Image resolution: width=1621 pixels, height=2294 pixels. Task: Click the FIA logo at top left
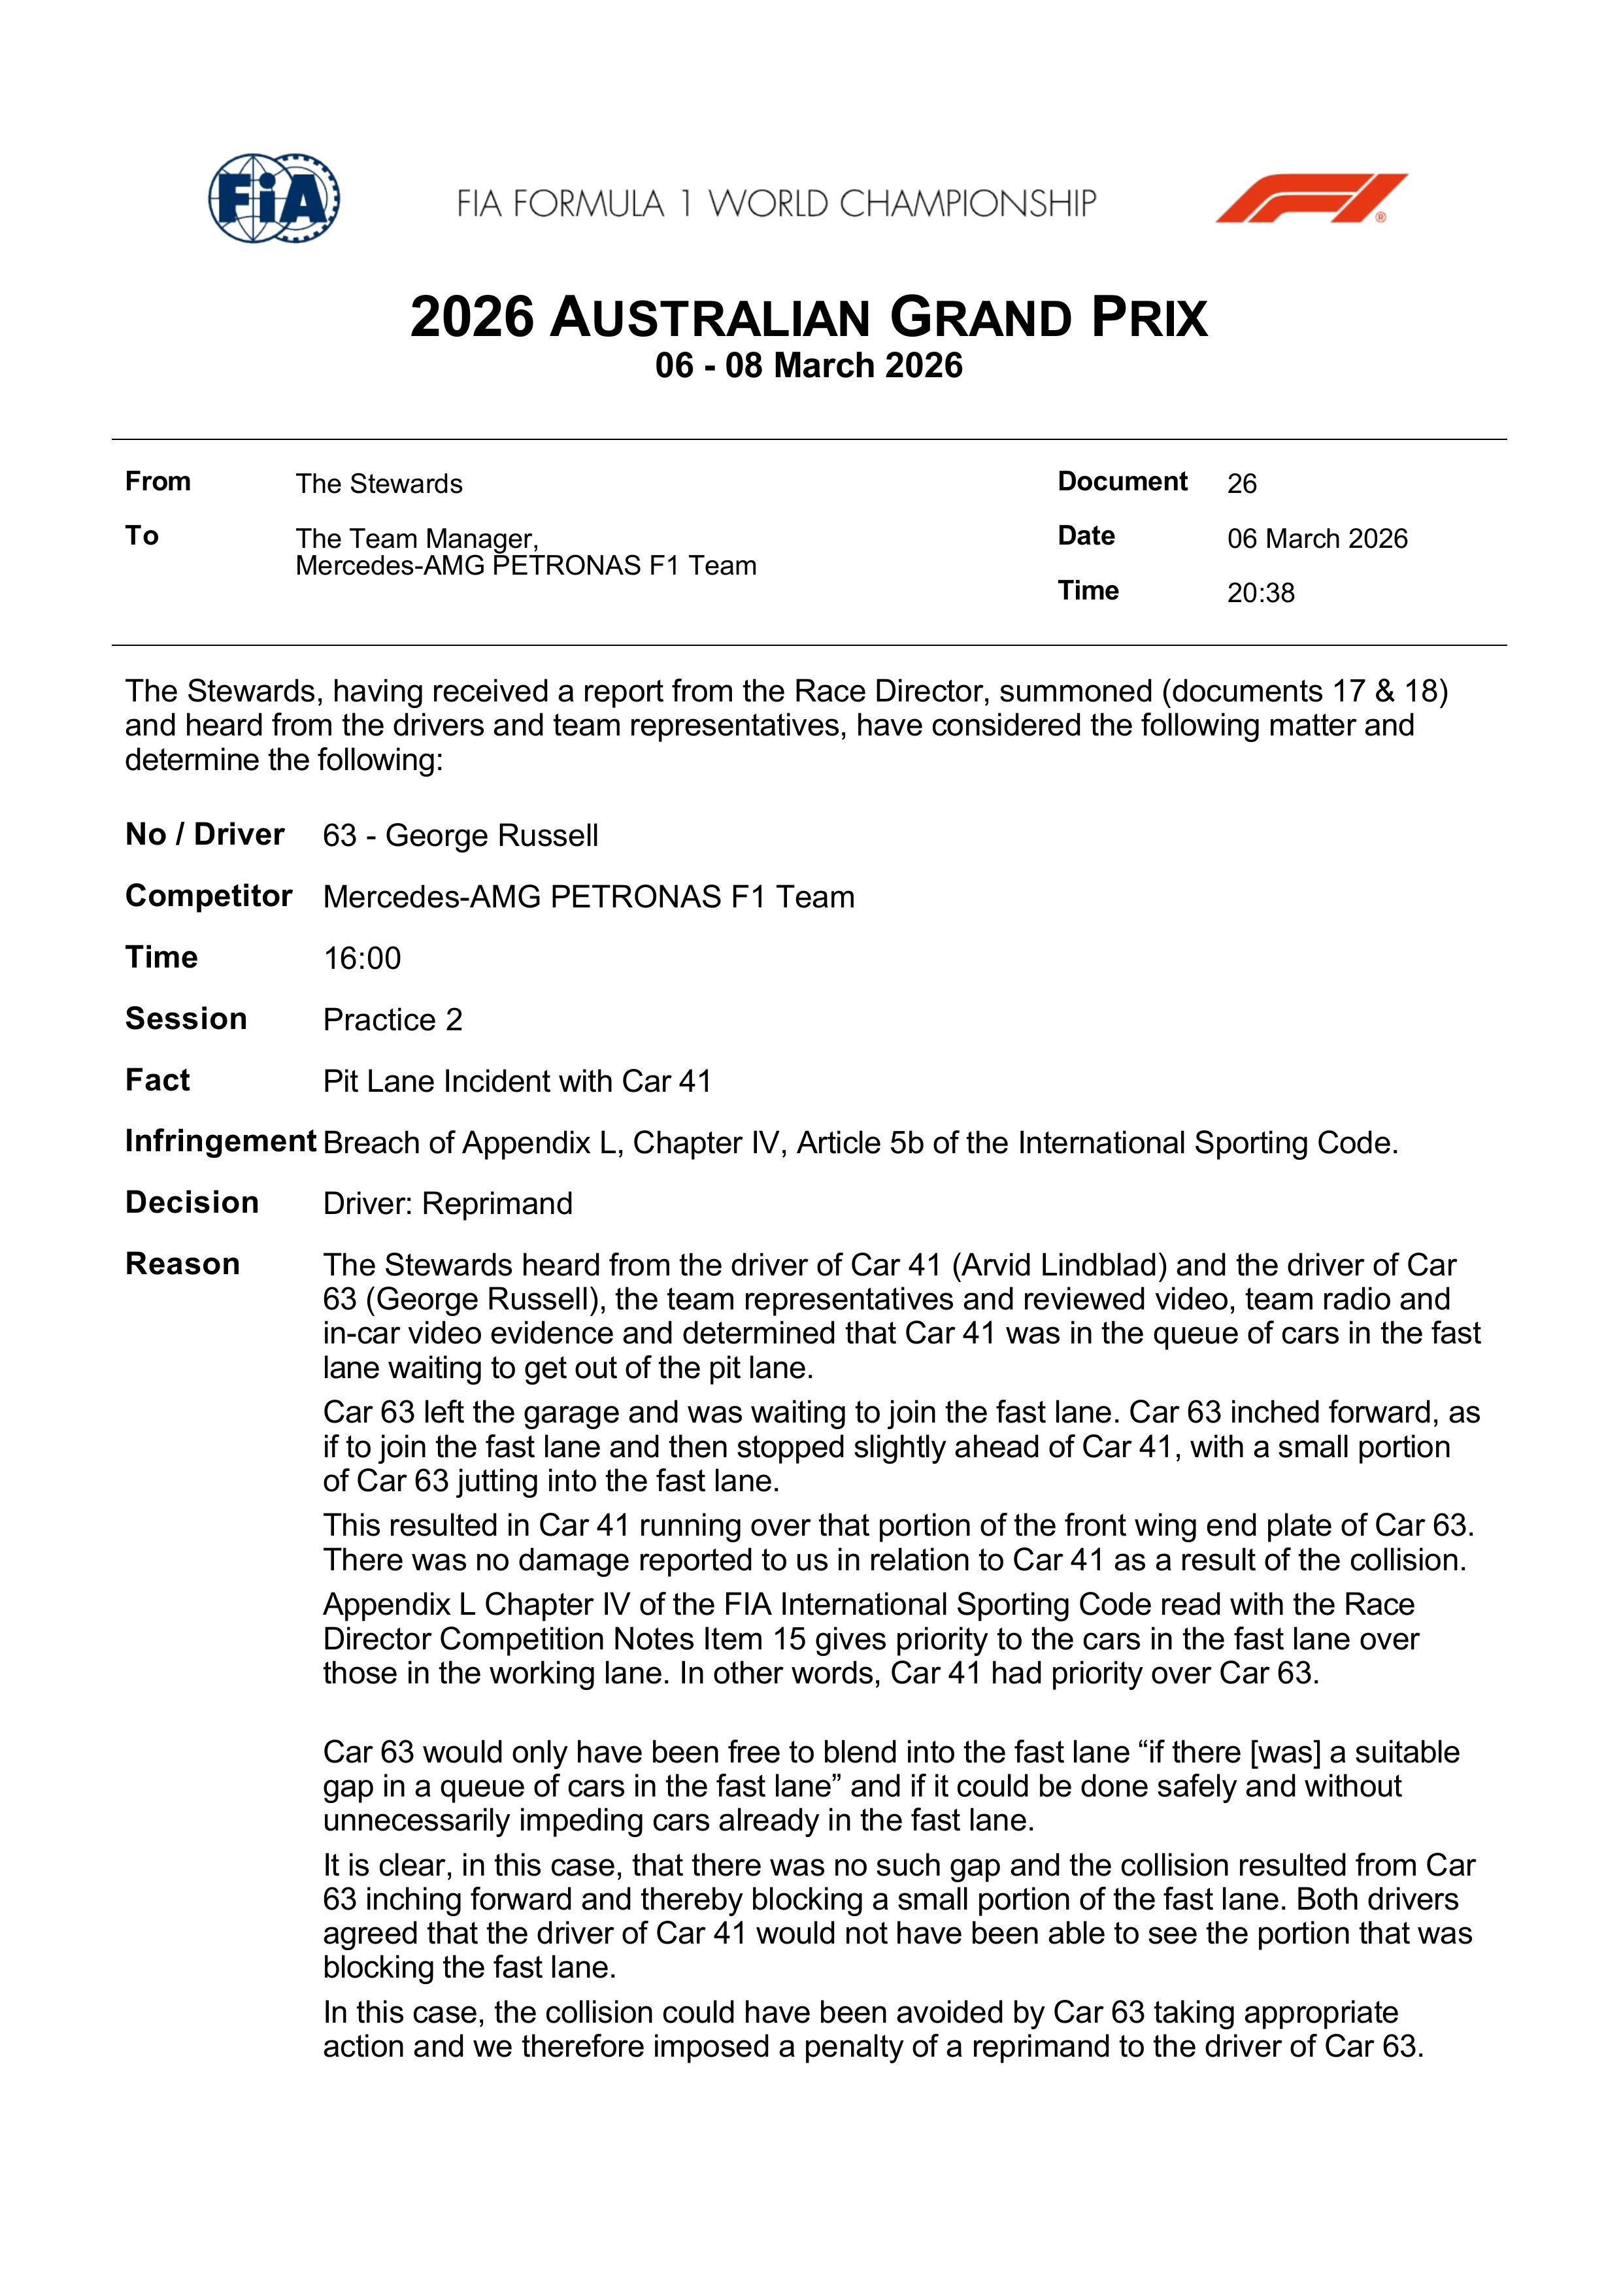coord(274,198)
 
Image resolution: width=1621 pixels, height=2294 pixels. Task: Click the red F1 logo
coord(1311,198)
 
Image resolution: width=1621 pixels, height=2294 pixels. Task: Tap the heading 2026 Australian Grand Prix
coord(809,318)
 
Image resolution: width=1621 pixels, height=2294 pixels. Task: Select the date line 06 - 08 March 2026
coord(809,365)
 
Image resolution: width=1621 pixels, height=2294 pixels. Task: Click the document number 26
coord(1241,484)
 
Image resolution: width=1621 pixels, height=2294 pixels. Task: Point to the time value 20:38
coord(1260,594)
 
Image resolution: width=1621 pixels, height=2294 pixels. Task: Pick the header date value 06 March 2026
coord(1316,539)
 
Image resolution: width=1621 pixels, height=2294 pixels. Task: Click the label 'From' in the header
coord(158,482)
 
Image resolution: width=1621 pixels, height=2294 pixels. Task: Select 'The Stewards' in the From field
coord(378,484)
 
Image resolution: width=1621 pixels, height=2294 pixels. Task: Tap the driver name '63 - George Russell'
coord(460,835)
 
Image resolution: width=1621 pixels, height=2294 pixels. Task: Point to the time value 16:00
coord(361,958)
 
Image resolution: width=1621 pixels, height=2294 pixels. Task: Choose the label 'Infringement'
coord(221,1141)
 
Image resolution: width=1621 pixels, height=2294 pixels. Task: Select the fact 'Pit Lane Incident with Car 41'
coord(516,1081)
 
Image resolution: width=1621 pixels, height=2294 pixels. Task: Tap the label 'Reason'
coord(183,1264)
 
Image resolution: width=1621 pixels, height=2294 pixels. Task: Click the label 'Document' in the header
coord(1123,482)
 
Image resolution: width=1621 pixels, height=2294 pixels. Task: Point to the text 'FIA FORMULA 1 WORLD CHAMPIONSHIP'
coord(776,204)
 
